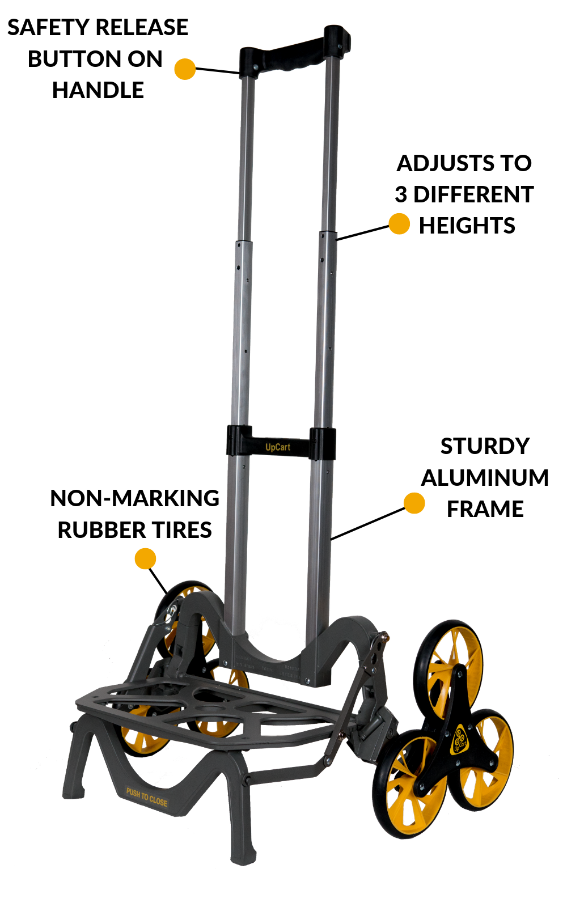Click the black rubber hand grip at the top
295,53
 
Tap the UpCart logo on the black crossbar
278,447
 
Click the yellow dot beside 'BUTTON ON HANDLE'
185,69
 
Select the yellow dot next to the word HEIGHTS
399,224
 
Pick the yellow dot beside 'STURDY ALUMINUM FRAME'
414,503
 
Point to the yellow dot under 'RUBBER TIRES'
145,559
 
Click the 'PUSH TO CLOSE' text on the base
147,797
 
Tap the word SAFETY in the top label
48,28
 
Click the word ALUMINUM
485,478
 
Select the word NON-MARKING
134,498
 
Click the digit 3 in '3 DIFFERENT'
401,194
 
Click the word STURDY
485,447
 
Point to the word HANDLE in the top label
98,90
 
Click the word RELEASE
142,28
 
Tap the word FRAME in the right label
485,509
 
